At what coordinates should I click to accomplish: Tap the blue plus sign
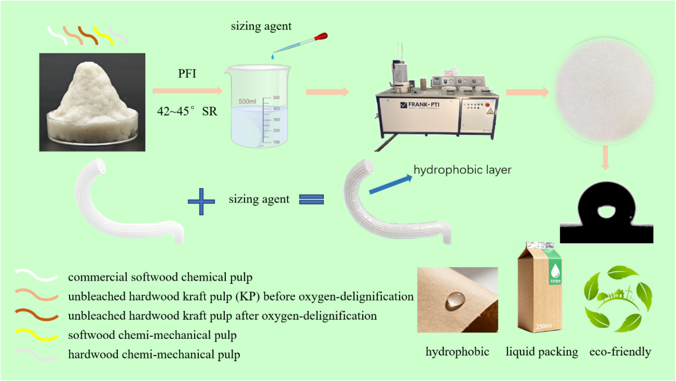tap(201, 201)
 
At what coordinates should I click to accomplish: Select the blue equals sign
tap(311, 199)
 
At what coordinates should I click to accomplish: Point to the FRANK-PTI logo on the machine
tap(420, 105)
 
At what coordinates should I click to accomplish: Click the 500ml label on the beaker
tap(247, 101)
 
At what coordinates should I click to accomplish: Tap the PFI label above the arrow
tap(187, 74)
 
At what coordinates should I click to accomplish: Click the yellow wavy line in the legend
tap(36, 335)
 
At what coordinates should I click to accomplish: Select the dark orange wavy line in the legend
tap(36, 315)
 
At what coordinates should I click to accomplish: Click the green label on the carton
tap(555, 272)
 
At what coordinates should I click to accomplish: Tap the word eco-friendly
tap(620, 352)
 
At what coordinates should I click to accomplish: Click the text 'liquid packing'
tap(542, 352)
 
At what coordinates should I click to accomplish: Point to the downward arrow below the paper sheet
tap(605, 157)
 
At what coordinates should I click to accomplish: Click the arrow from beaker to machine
tap(327, 92)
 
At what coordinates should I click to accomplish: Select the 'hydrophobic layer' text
tap(462, 170)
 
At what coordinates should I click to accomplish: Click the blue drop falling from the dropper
tap(273, 56)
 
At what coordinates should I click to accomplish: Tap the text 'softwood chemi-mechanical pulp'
tap(152, 335)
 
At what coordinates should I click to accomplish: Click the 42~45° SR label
tap(187, 112)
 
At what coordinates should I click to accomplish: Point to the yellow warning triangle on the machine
tap(490, 111)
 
